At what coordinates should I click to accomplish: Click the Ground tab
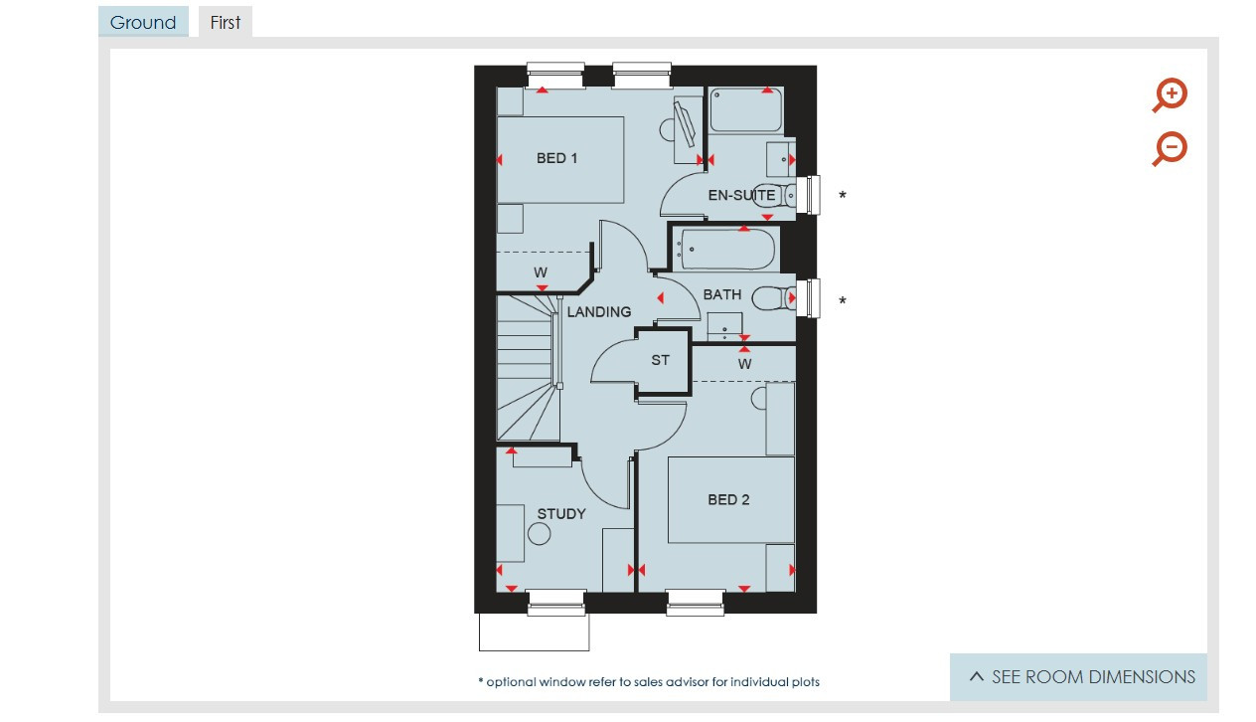[143, 22]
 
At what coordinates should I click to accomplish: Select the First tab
[226, 22]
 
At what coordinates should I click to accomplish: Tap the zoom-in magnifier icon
[1170, 95]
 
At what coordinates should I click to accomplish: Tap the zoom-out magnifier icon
[1170, 149]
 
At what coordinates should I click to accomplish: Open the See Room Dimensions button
[1078, 677]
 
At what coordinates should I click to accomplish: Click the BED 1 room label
[556, 158]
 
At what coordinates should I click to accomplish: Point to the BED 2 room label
[728, 500]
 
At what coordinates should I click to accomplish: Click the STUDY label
[561, 514]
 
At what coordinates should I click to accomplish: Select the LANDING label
[599, 312]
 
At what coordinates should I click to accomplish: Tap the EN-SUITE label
[741, 195]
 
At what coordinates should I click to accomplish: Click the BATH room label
[722, 294]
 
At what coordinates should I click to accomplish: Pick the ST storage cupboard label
[661, 360]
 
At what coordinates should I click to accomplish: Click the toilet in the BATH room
[773, 298]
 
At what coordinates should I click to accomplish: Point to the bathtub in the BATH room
[726, 250]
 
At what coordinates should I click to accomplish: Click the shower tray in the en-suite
[745, 110]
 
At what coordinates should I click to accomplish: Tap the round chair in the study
[539, 534]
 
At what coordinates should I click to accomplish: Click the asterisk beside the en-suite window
[843, 195]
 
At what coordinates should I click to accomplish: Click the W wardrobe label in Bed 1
[541, 272]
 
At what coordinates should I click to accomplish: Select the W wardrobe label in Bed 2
[744, 364]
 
